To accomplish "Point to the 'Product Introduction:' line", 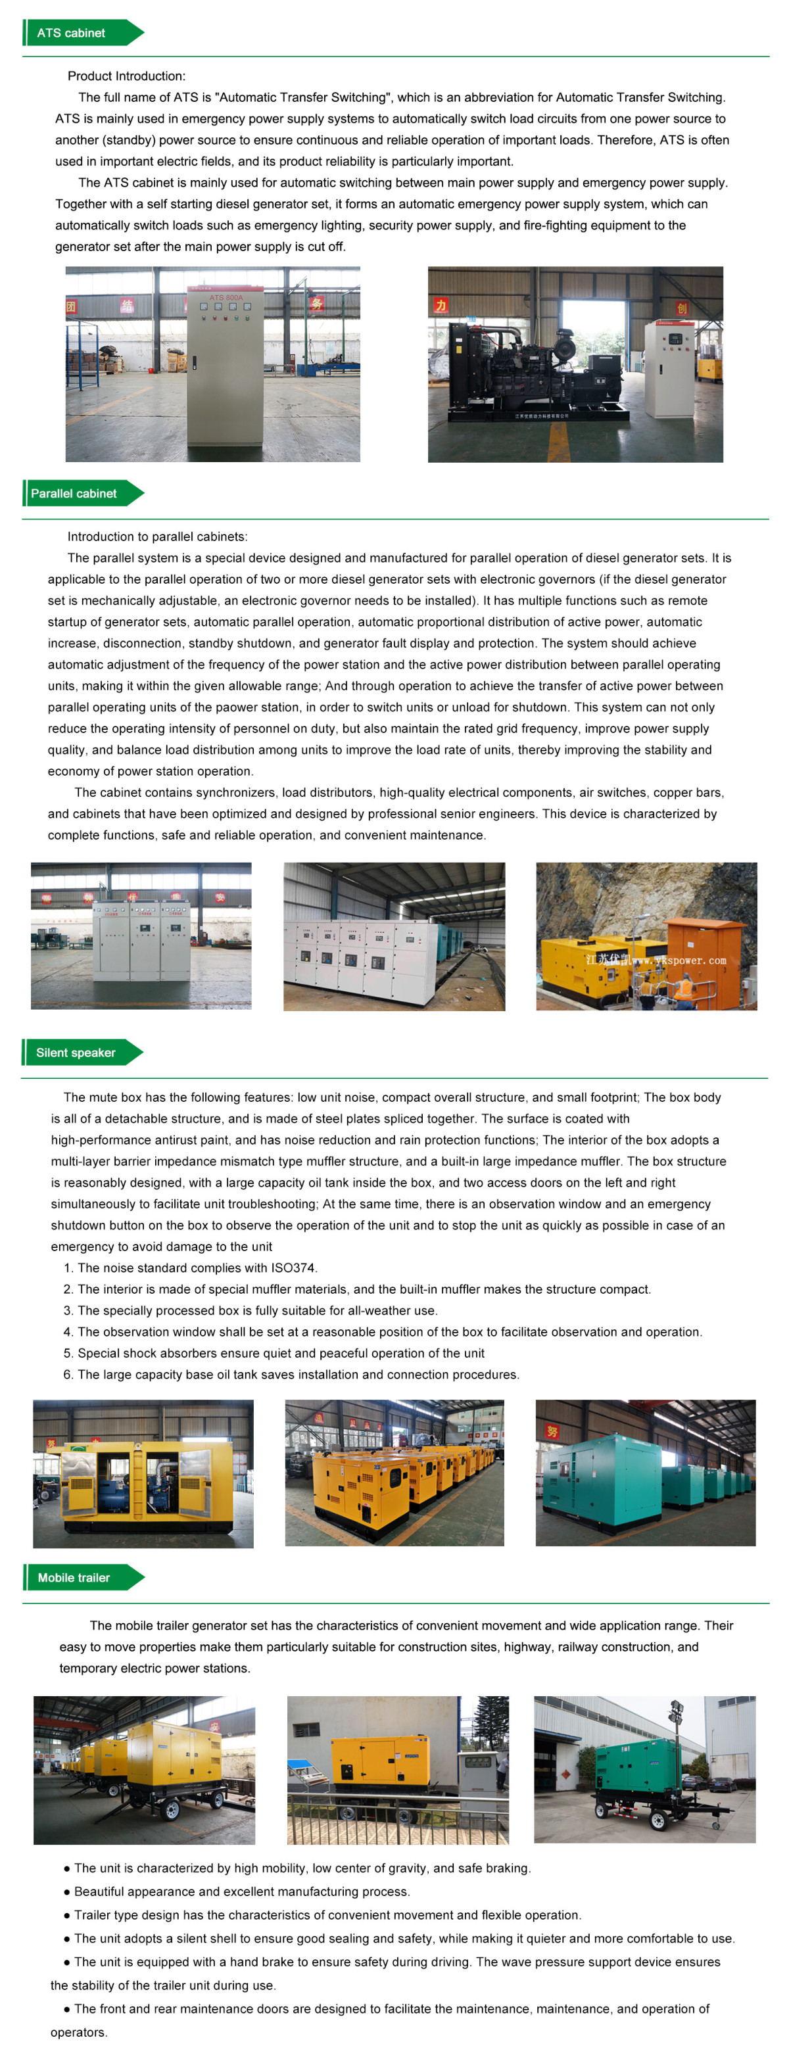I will [126, 76].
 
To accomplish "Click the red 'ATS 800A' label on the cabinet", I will [226, 297].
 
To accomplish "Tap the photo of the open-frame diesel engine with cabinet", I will [575, 364].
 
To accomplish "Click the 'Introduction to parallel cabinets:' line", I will [157, 536].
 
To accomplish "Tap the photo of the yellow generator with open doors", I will [143, 1473].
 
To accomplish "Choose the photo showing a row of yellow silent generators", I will [394, 1473].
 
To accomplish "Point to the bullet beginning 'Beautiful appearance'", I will [241, 1891].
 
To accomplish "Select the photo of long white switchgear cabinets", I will [394, 936].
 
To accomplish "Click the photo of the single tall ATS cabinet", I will [212, 364].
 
